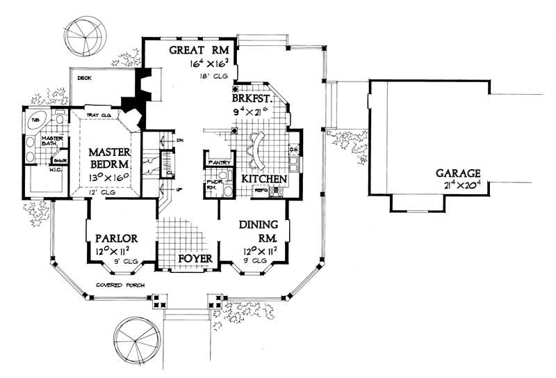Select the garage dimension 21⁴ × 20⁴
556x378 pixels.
[x=456, y=185]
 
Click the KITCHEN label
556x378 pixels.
[x=264, y=179]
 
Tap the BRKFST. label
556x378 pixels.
[x=260, y=99]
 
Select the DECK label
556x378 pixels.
[x=85, y=78]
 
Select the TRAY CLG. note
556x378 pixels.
[x=99, y=115]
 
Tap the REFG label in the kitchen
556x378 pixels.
[x=261, y=190]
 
